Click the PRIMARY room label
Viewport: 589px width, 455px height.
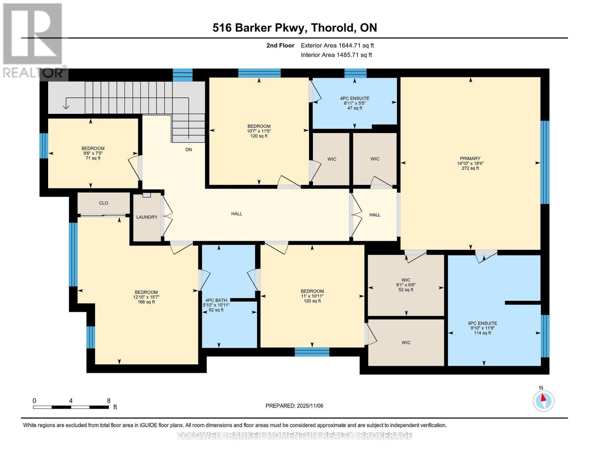click(x=470, y=158)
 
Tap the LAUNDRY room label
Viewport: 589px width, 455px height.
click(x=147, y=217)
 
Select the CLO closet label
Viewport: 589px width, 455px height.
click(x=104, y=203)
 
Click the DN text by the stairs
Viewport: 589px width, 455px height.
click(x=188, y=150)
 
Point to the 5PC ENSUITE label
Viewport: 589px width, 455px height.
click(x=482, y=323)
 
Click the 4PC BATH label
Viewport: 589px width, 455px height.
click(x=216, y=300)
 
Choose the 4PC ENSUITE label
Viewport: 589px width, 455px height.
click(x=355, y=99)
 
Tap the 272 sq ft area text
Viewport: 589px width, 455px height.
click(x=470, y=168)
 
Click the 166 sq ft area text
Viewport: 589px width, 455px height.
click(x=146, y=302)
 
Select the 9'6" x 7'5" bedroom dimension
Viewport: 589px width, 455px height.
click(x=93, y=154)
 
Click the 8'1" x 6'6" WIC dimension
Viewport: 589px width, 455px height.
click(x=406, y=285)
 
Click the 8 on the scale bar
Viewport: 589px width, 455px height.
click(x=108, y=401)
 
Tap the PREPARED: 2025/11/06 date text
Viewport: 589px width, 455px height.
click(x=294, y=406)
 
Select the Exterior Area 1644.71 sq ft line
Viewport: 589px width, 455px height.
click(x=337, y=45)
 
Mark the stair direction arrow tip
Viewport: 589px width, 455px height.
click(x=66, y=108)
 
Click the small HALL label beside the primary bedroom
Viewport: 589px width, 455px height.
click(x=375, y=215)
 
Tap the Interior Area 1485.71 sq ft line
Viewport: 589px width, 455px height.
click(x=336, y=55)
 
